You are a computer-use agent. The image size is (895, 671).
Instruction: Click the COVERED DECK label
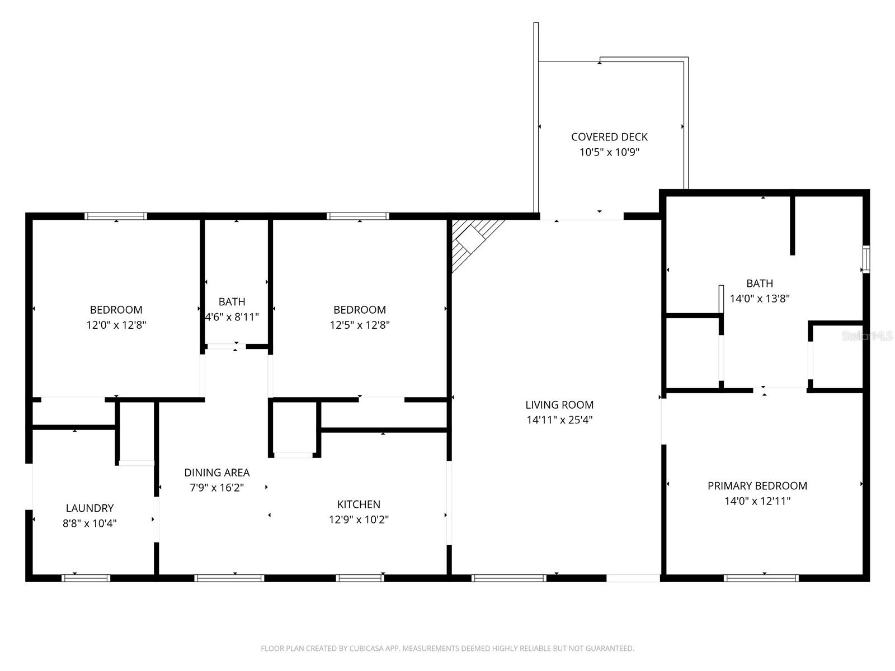[609, 137]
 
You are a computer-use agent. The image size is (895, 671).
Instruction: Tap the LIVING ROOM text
[559, 404]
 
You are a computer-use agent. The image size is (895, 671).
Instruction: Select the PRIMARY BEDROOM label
[757, 485]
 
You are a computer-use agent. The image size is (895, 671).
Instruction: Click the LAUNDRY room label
[89, 508]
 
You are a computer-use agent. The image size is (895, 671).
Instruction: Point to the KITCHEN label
[359, 504]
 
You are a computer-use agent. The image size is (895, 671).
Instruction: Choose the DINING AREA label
[217, 472]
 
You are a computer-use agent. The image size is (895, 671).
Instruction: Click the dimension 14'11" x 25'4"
[559, 419]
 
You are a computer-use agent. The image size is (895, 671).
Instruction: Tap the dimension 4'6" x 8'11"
[232, 317]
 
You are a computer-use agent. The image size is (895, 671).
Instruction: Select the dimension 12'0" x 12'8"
[116, 325]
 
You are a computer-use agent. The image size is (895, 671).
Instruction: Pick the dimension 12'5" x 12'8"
[360, 325]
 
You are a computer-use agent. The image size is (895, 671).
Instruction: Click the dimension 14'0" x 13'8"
[760, 299]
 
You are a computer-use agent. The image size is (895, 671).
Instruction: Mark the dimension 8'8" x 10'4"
[89, 523]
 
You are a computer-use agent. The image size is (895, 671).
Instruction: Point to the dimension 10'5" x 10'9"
[609, 152]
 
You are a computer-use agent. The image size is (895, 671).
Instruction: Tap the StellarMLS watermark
[867, 336]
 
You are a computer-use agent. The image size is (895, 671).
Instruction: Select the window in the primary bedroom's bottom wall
[761, 578]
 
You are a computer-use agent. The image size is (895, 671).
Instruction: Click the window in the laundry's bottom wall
[86, 578]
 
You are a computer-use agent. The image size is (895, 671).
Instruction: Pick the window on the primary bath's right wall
[866, 259]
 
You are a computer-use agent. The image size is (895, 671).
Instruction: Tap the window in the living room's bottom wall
[509, 578]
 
